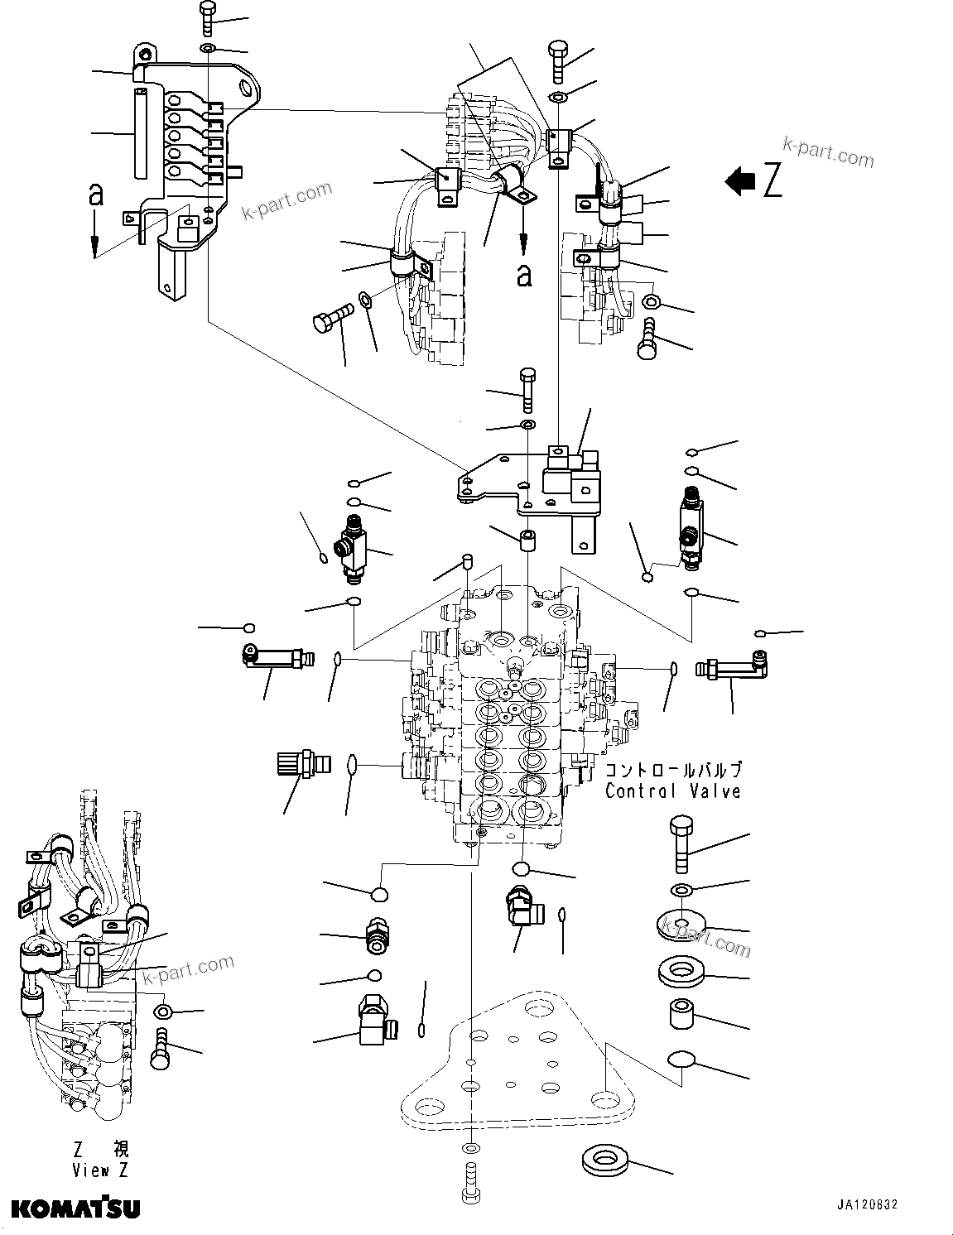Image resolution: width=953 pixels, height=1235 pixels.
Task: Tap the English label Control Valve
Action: tap(672, 791)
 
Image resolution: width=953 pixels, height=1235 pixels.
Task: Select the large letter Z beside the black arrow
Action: tap(772, 181)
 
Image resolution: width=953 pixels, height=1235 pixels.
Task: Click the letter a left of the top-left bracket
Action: tap(96, 195)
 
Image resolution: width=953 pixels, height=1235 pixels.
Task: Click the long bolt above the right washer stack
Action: tap(681, 843)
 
